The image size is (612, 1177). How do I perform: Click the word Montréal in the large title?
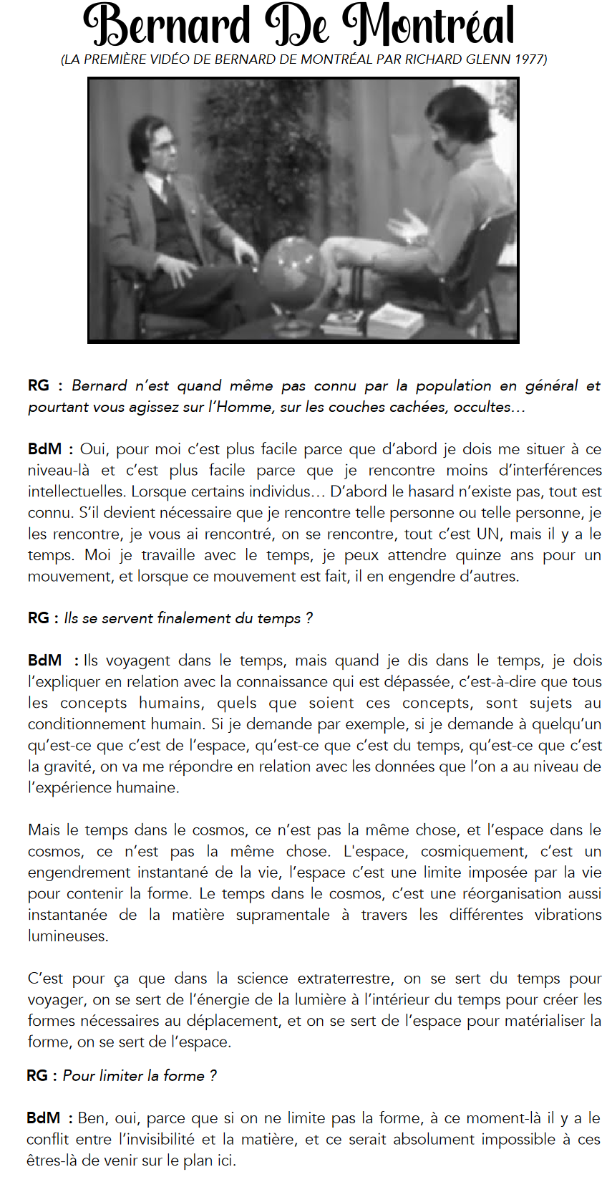[428, 25]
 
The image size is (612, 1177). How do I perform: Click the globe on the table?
[291, 272]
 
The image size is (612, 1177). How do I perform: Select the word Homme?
[243, 408]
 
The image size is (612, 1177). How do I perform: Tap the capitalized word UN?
[490, 534]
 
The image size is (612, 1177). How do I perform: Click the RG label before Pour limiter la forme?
[37, 1076]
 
